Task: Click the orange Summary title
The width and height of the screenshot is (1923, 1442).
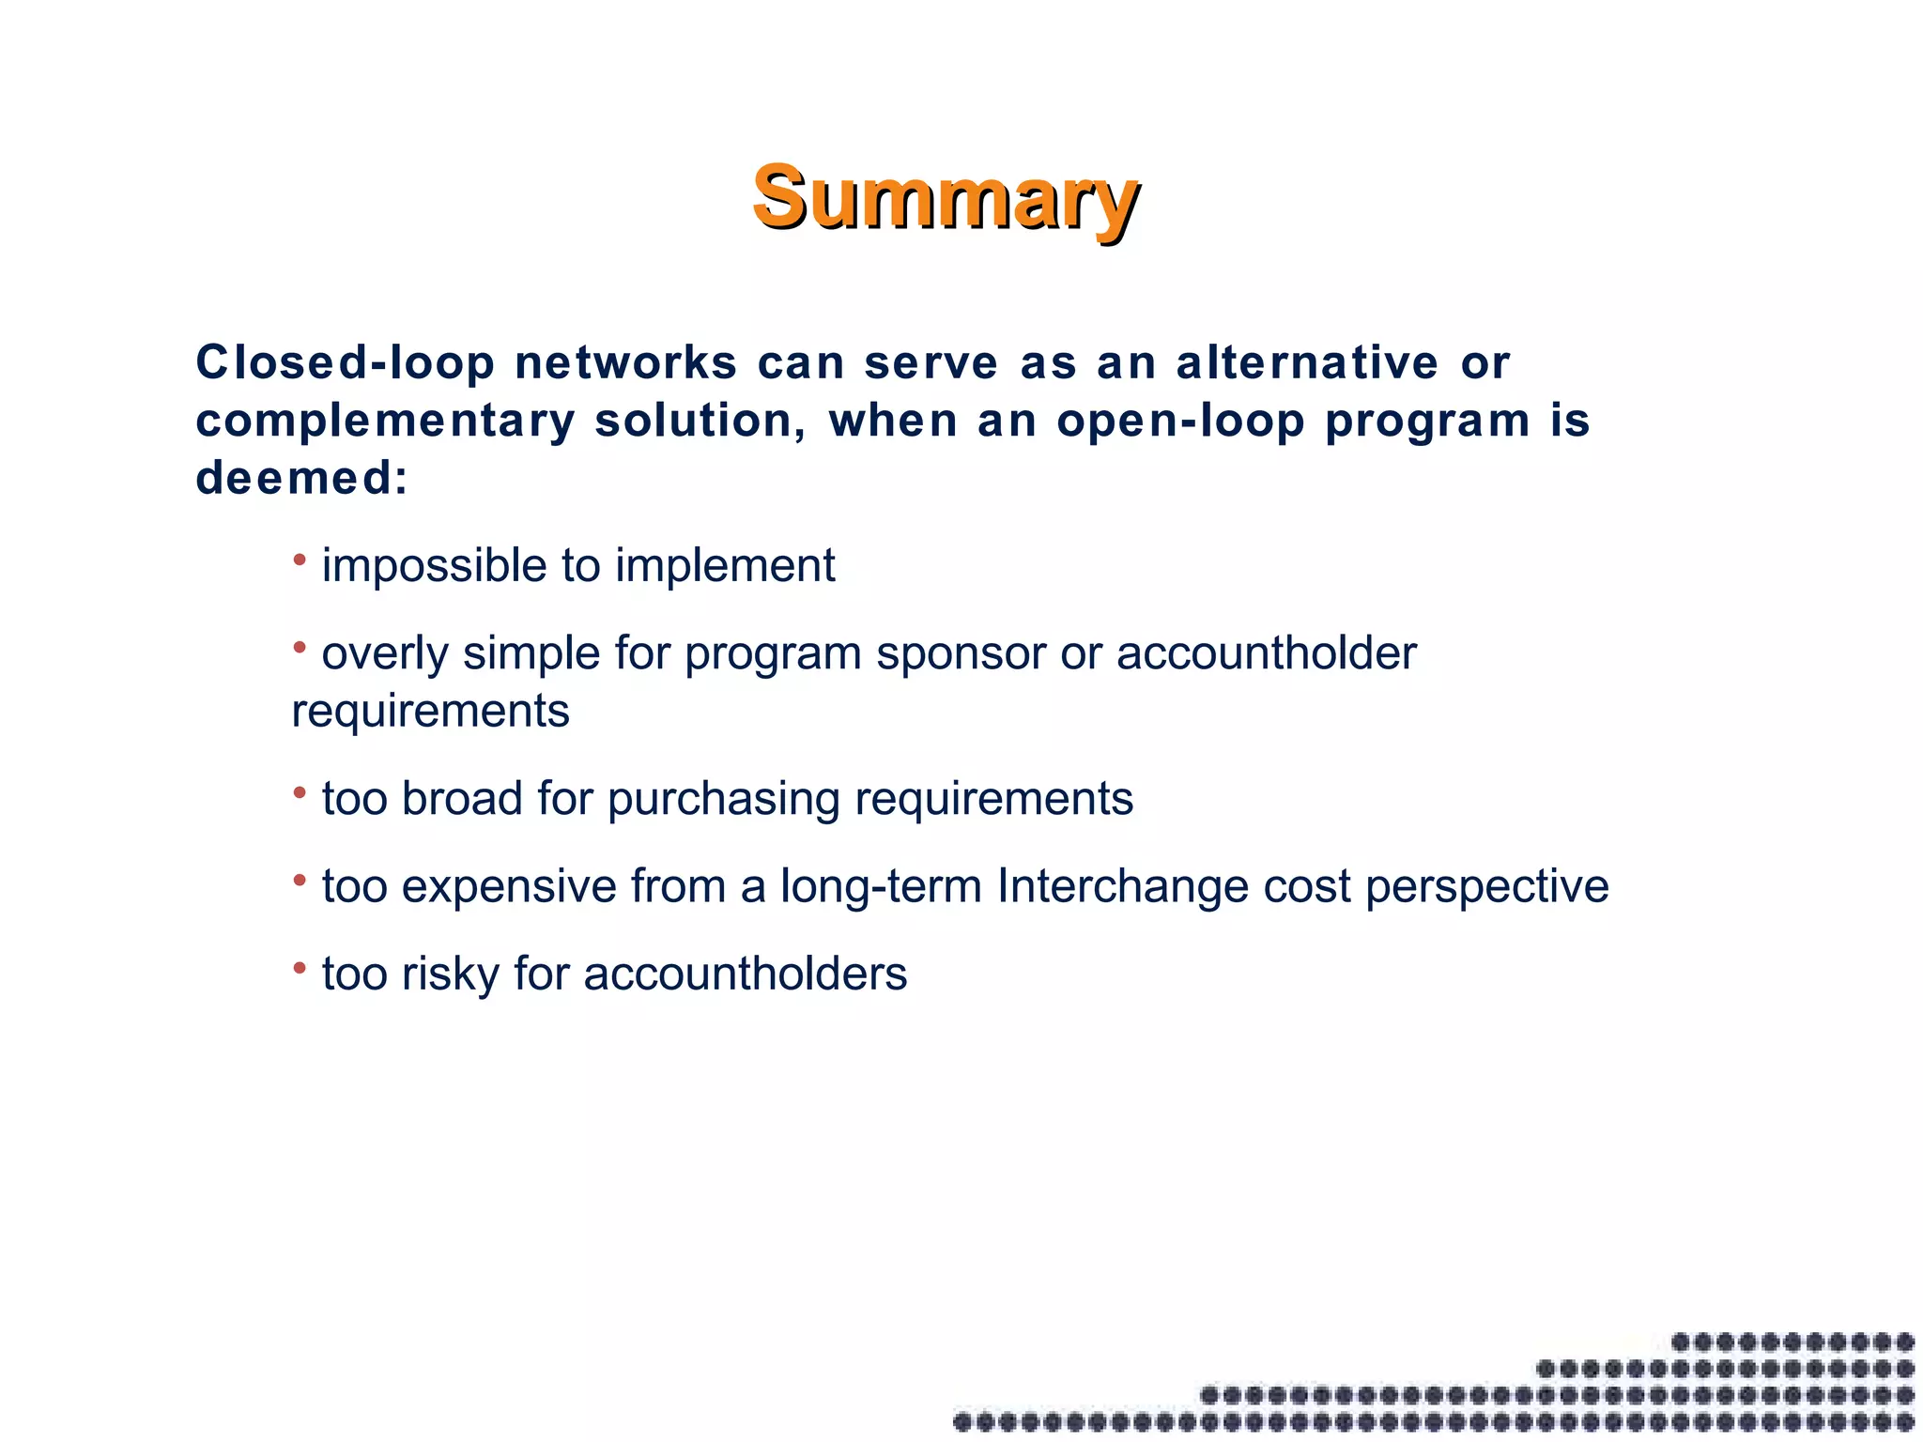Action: click(946, 198)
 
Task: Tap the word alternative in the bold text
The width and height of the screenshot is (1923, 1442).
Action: click(1307, 363)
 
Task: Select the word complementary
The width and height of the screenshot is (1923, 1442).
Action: click(385, 422)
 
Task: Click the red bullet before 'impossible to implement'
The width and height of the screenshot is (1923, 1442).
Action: click(300, 560)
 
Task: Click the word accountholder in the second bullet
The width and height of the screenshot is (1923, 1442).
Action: click(1266, 653)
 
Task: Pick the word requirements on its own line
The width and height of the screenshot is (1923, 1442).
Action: click(430, 711)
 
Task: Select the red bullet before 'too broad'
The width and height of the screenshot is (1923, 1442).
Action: click(300, 793)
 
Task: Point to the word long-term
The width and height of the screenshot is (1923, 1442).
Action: click(881, 886)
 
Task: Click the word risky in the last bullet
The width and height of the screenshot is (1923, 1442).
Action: click(450, 974)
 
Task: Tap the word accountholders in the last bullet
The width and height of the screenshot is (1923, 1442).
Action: click(746, 974)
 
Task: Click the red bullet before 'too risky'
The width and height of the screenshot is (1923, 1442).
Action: click(300, 967)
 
